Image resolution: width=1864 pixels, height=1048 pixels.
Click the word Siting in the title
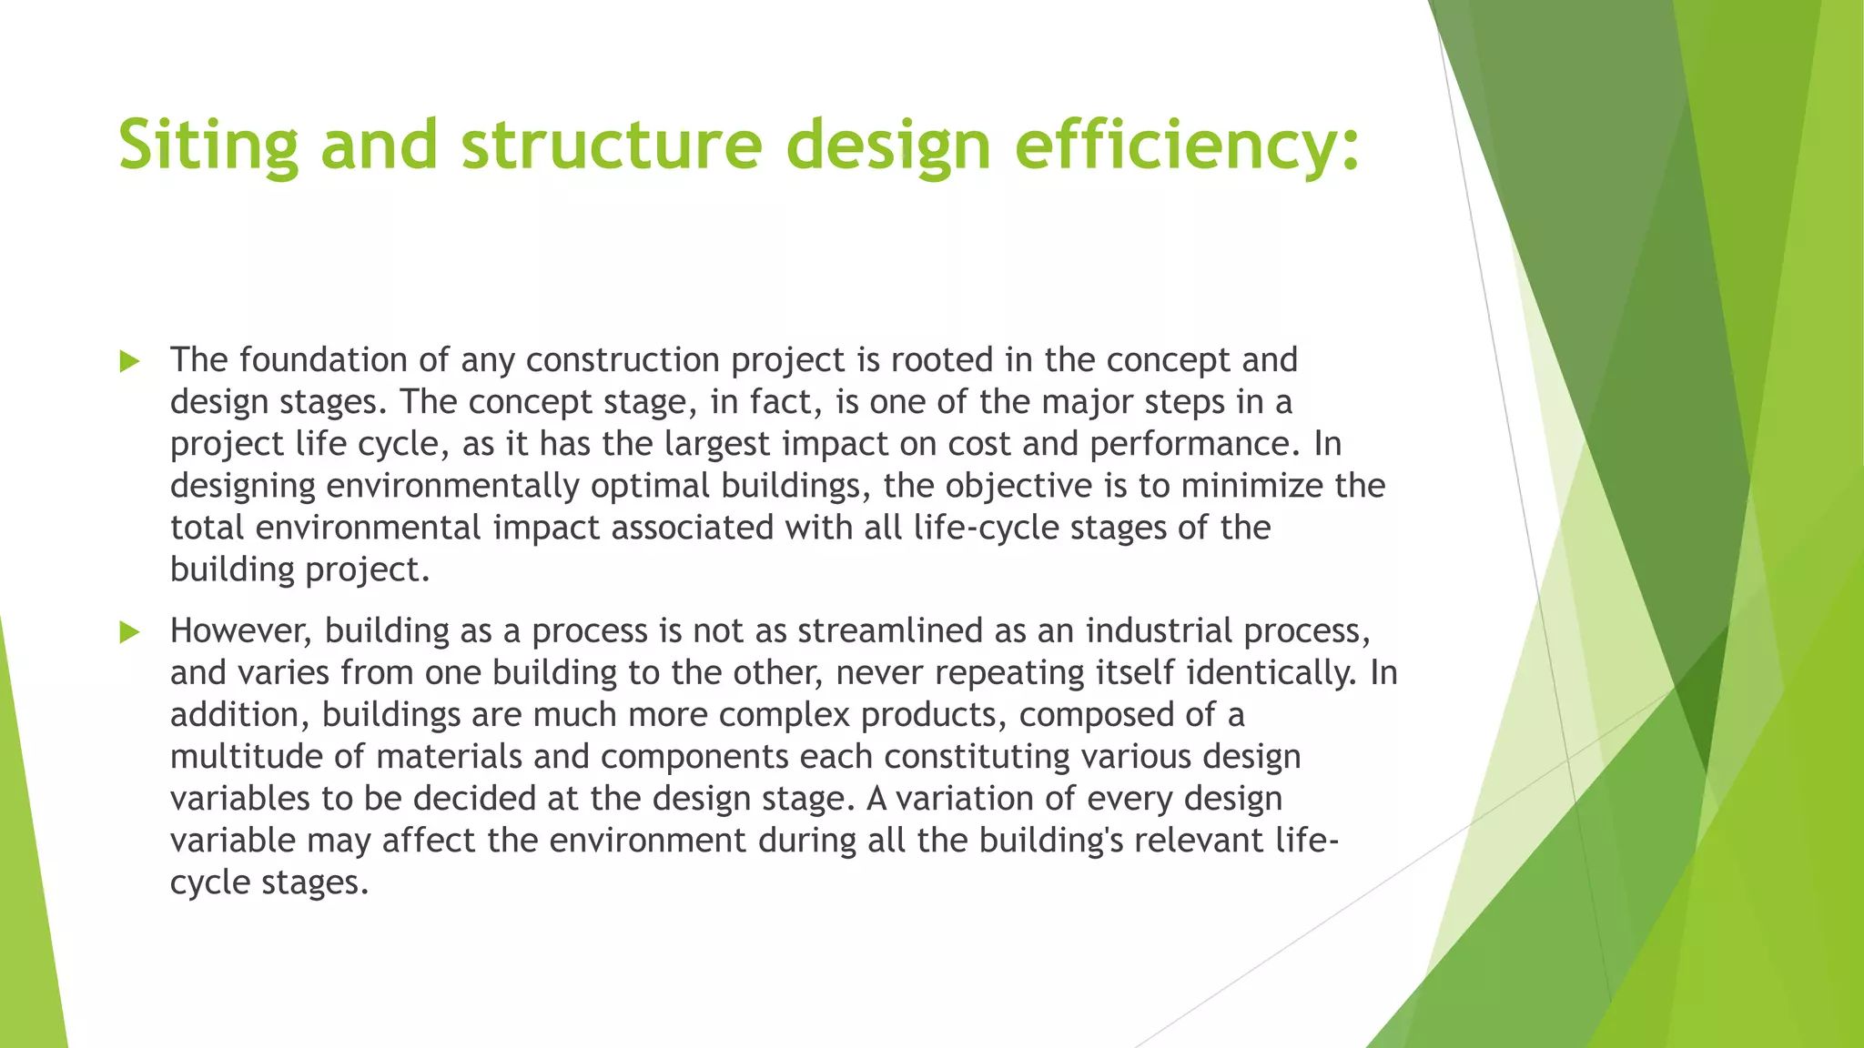pyautogui.click(x=208, y=146)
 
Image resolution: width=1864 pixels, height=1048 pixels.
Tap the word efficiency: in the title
pyautogui.click(x=1187, y=146)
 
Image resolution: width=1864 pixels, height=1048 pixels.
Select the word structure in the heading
pyautogui.click(x=612, y=146)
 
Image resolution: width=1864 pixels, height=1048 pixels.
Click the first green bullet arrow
pyautogui.click(x=129, y=362)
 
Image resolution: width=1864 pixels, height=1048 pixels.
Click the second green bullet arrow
pyautogui.click(x=129, y=632)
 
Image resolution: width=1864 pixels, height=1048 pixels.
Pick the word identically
pyautogui.click(x=1271, y=673)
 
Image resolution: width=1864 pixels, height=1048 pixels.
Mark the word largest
pyautogui.click(x=716, y=444)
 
